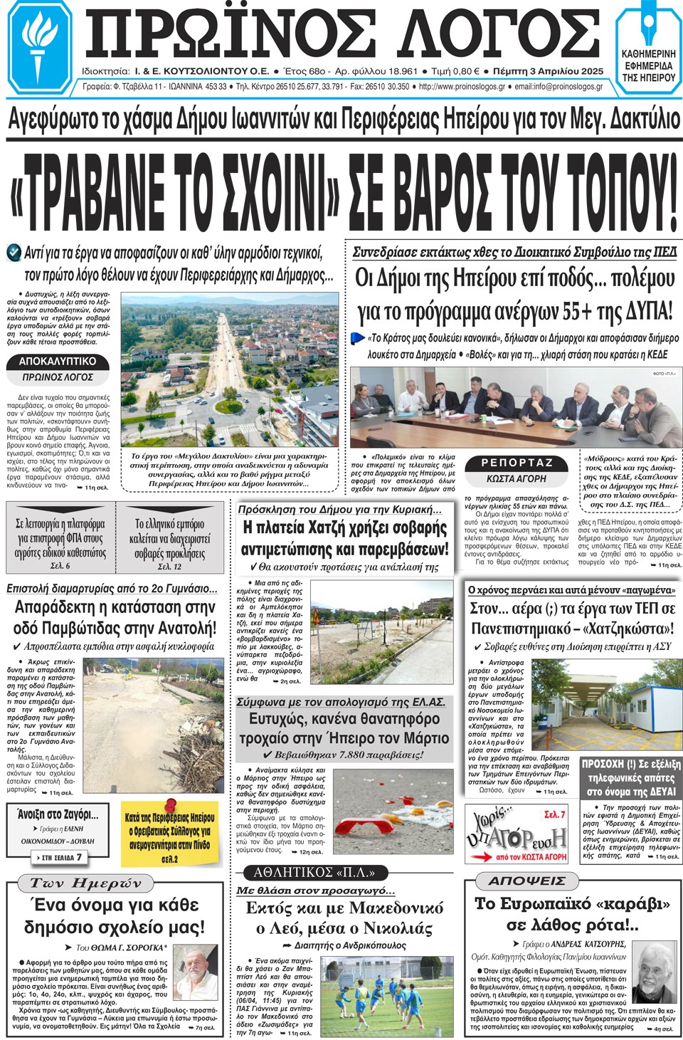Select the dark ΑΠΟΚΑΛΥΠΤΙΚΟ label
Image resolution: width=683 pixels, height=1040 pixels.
(x=58, y=362)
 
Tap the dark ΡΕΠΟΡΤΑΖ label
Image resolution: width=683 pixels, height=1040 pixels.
(x=517, y=463)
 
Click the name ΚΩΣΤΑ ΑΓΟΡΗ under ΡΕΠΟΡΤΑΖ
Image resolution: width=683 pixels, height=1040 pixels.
(x=517, y=479)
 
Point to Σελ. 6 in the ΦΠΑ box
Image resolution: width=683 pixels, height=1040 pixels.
(x=60, y=566)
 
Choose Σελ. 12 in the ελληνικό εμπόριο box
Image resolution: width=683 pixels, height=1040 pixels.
(x=169, y=567)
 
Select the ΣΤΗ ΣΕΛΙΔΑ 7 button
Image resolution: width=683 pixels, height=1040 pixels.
(x=60, y=858)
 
